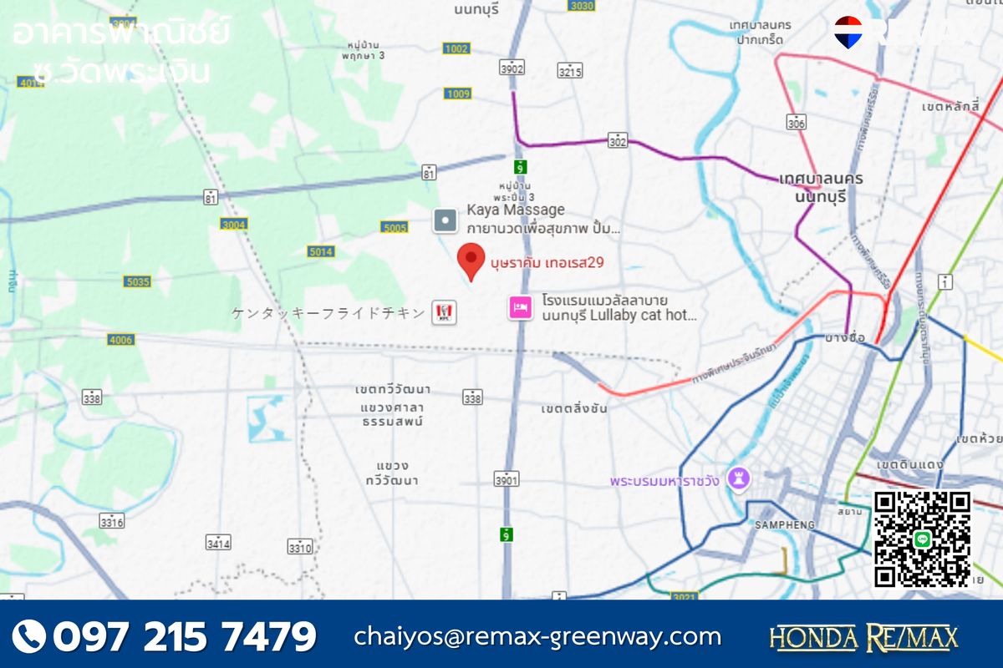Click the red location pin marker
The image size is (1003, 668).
(x=471, y=262)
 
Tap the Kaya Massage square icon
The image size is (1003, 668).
(x=445, y=220)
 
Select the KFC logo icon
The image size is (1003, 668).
(x=444, y=313)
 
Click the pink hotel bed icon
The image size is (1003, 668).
(x=521, y=308)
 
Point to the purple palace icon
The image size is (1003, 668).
(x=738, y=478)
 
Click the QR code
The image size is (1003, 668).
(x=923, y=539)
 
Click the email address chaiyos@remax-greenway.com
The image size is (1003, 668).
(x=537, y=636)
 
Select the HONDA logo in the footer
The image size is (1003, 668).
(x=812, y=637)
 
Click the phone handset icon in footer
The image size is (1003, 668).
(x=29, y=636)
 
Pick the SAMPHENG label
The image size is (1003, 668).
(x=785, y=524)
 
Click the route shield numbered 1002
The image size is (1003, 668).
(x=456, y=49)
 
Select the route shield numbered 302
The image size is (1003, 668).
(x=617, y=140)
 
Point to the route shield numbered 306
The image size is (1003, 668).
(x=797, y=123)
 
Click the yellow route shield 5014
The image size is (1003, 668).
(x=320, y=251)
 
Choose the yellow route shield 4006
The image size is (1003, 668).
(x=120, y=340)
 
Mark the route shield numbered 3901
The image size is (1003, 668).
(x=507, y=479)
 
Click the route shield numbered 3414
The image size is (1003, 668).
(x=218, y=544)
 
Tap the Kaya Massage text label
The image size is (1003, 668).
(x=516, y=210)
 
